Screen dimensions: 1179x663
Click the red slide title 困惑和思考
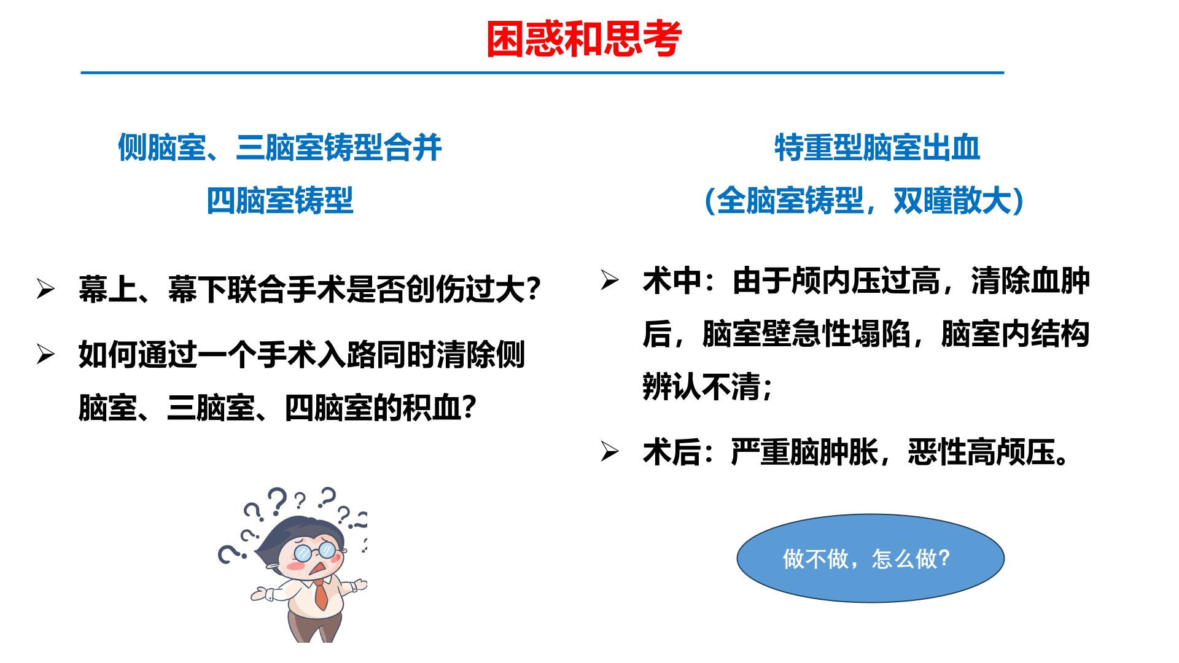click(x=584, y=39)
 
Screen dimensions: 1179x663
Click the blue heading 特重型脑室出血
click(x=877, y=148)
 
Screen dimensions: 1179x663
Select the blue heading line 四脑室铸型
click(x=279, y=200)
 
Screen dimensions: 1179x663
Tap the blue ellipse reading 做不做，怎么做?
click(x=870, y=558)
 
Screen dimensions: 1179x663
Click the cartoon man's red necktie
click(x=321, y=594)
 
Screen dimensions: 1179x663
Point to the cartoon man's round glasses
click(x=317, y=551)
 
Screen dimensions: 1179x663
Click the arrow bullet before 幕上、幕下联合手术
click(x=46, y=288)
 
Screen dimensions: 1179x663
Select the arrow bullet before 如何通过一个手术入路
click(x=46, y=354)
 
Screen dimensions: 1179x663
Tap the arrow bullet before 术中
click(x=610, y=281)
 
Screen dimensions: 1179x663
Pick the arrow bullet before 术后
click(x=610, y=452)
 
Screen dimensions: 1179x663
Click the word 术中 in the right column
click(x=672, y=281)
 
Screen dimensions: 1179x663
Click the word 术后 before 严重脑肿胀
click(x=672, y=453)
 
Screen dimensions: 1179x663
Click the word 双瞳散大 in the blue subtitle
click(x=952, y=200)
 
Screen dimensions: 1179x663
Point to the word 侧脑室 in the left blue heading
click(x=161, y=148)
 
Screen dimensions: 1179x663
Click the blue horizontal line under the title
click(x=542, y=72)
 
